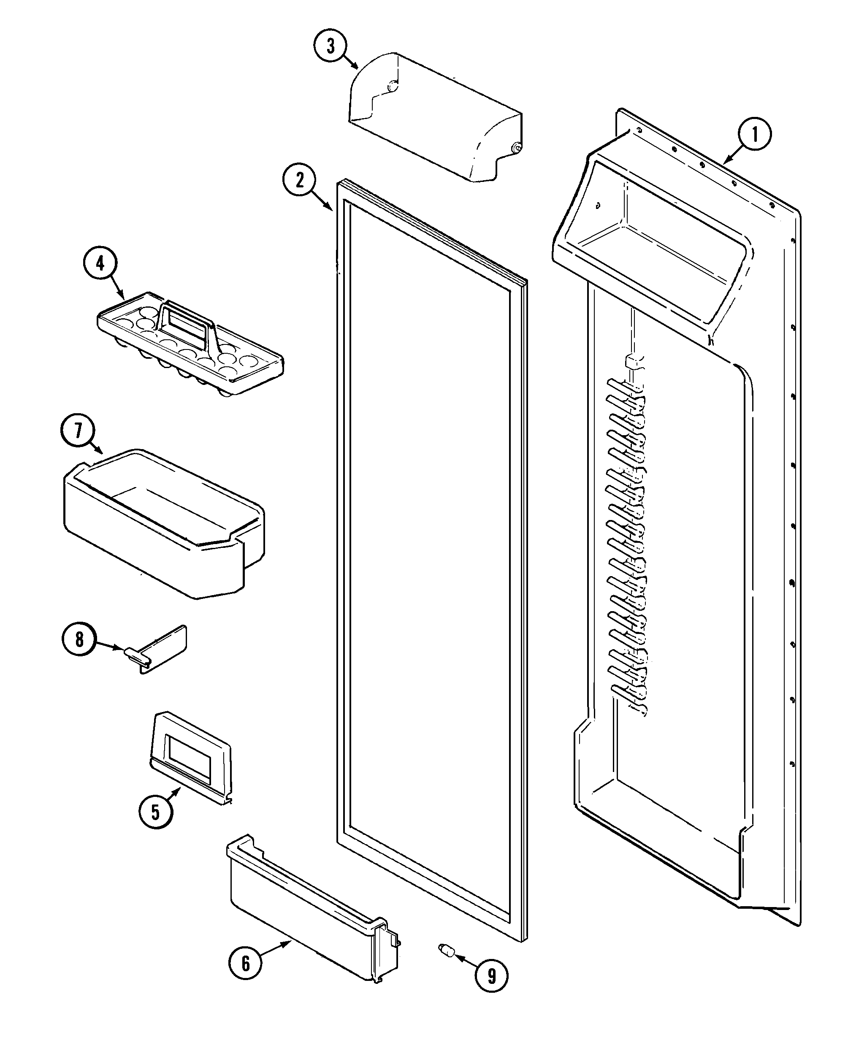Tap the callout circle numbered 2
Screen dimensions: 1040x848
click(299, 180)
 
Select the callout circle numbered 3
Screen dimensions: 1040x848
click(331, 46)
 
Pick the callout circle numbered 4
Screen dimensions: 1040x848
click(100, 264)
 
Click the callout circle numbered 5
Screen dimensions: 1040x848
click(155, 812)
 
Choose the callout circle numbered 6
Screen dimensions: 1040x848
click(246, 963)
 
